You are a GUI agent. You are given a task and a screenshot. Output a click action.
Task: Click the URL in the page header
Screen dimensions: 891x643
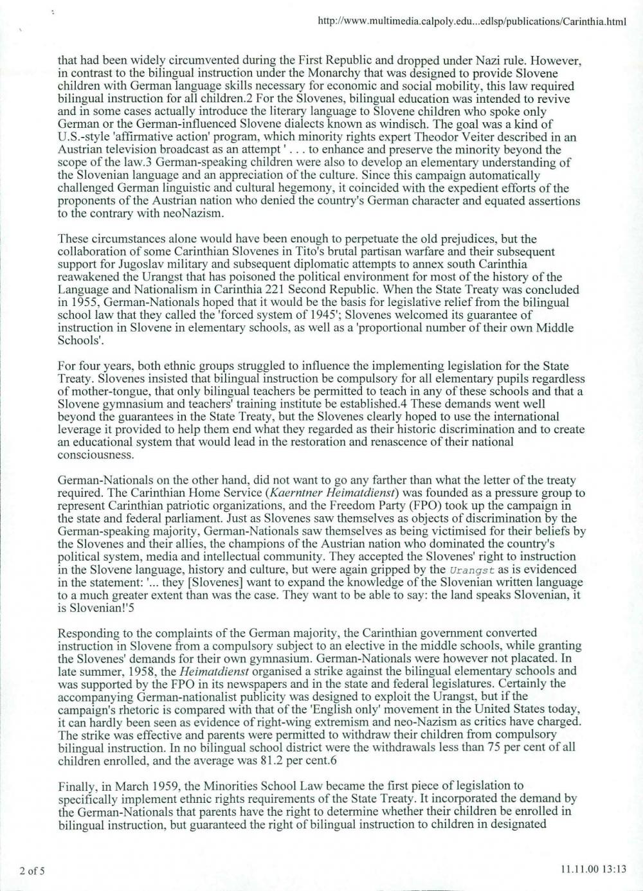point(472,22)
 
